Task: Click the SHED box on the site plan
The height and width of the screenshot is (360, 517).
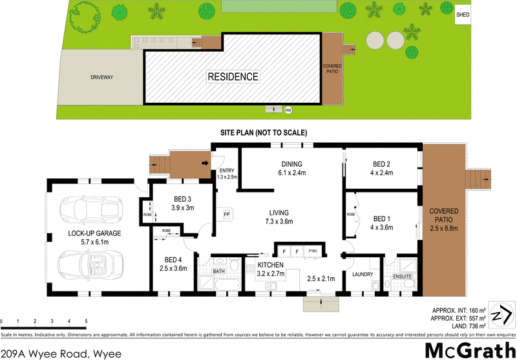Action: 463,14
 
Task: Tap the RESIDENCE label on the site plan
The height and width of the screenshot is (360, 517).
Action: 233,77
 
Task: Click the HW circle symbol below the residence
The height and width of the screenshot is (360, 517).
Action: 288,111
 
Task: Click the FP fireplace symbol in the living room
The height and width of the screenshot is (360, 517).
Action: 227,215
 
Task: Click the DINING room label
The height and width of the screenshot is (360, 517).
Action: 291,164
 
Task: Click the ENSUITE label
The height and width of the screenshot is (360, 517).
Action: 403,277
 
